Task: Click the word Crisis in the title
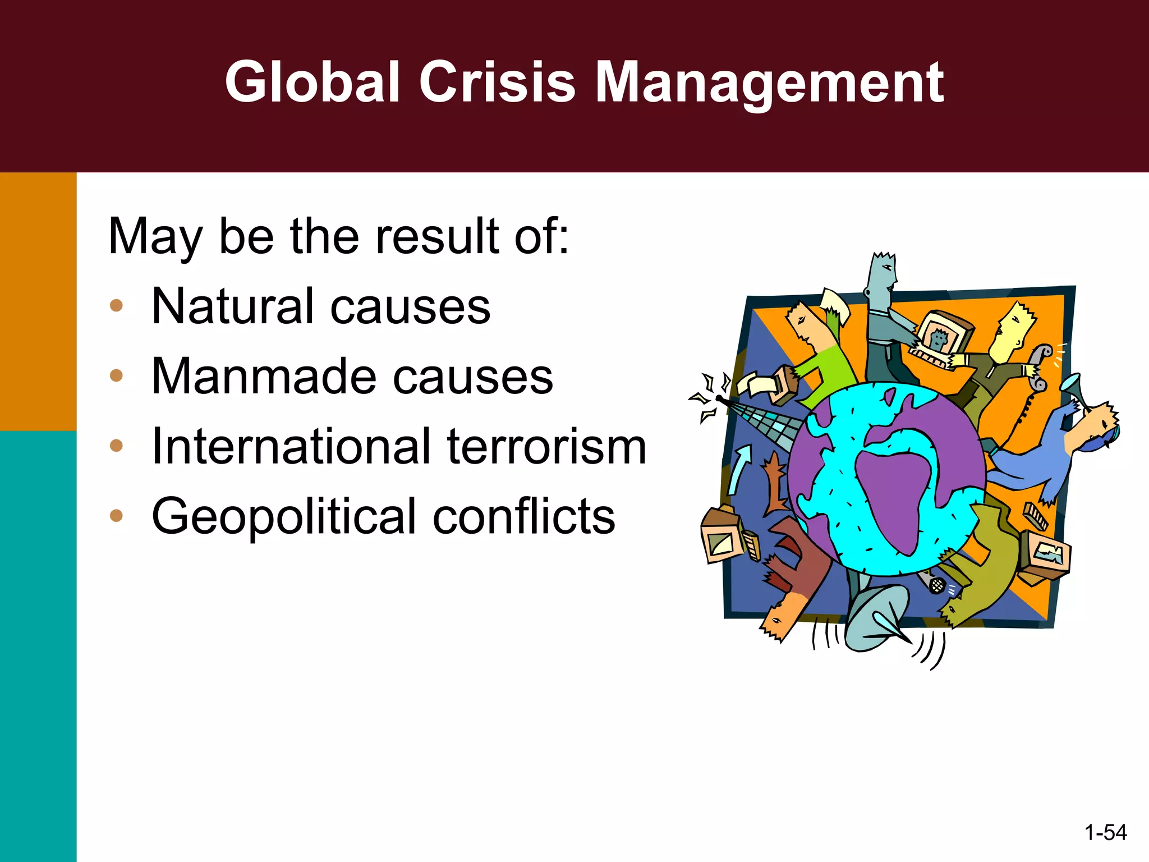[497, 83]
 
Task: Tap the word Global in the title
[312, 83]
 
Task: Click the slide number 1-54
[1105, 832]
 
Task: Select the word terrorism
[546, 447]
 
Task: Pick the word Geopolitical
[284, 517]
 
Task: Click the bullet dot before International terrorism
[116, 446]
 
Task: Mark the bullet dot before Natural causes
[116, 305]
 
